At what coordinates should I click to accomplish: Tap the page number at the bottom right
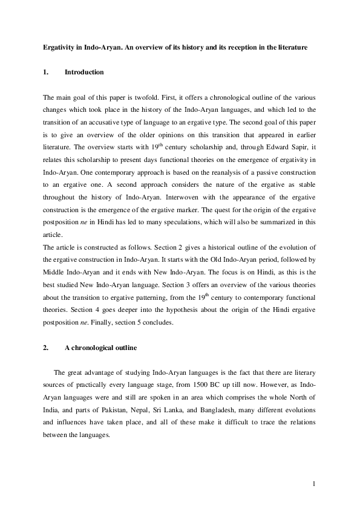point(315,484)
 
